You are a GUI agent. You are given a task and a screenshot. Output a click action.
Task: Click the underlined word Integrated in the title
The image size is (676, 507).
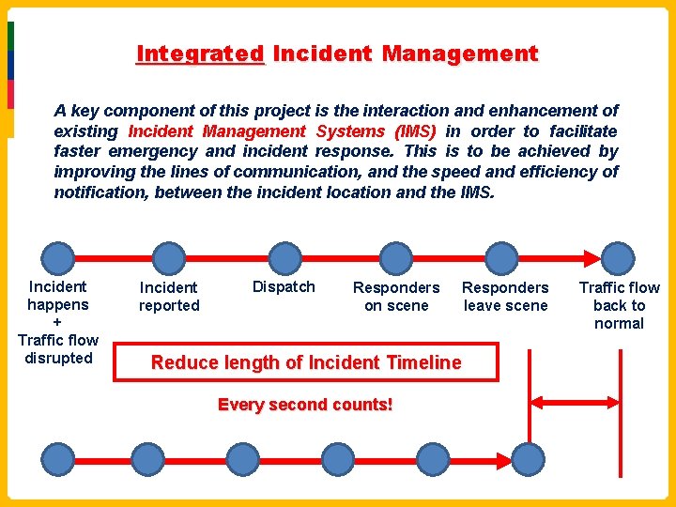201,54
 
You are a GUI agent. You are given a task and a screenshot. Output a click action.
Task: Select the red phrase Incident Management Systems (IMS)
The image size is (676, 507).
283,131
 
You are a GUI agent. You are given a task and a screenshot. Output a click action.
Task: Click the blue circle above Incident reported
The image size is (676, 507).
169,256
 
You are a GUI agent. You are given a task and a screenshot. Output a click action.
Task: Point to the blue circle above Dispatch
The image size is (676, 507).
283,256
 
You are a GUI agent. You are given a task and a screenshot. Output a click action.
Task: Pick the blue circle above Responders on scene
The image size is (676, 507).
396,256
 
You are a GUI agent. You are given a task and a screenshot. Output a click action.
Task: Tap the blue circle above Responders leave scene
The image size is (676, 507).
502,256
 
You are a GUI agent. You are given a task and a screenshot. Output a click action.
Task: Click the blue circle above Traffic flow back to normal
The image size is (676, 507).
618,256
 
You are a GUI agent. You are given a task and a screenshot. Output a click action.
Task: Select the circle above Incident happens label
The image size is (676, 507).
58,256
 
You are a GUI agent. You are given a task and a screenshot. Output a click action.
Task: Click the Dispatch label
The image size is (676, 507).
284,286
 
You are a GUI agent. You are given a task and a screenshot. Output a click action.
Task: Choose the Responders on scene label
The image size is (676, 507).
396,296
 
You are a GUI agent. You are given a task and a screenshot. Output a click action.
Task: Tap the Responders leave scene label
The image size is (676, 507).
505,296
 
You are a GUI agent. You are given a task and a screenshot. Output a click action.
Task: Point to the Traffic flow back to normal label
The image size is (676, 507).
619,305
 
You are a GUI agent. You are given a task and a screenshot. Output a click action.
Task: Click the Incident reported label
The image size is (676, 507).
169,296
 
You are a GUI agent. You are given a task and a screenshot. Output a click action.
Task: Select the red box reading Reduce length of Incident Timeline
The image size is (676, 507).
306,362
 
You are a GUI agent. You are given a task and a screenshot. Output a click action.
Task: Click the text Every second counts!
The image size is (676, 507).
305,405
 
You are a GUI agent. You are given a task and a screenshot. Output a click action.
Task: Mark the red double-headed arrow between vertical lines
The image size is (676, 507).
575,402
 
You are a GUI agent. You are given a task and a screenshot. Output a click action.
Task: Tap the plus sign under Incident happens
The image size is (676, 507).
57,322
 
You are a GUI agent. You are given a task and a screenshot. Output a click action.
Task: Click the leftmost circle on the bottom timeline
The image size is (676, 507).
58,458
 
